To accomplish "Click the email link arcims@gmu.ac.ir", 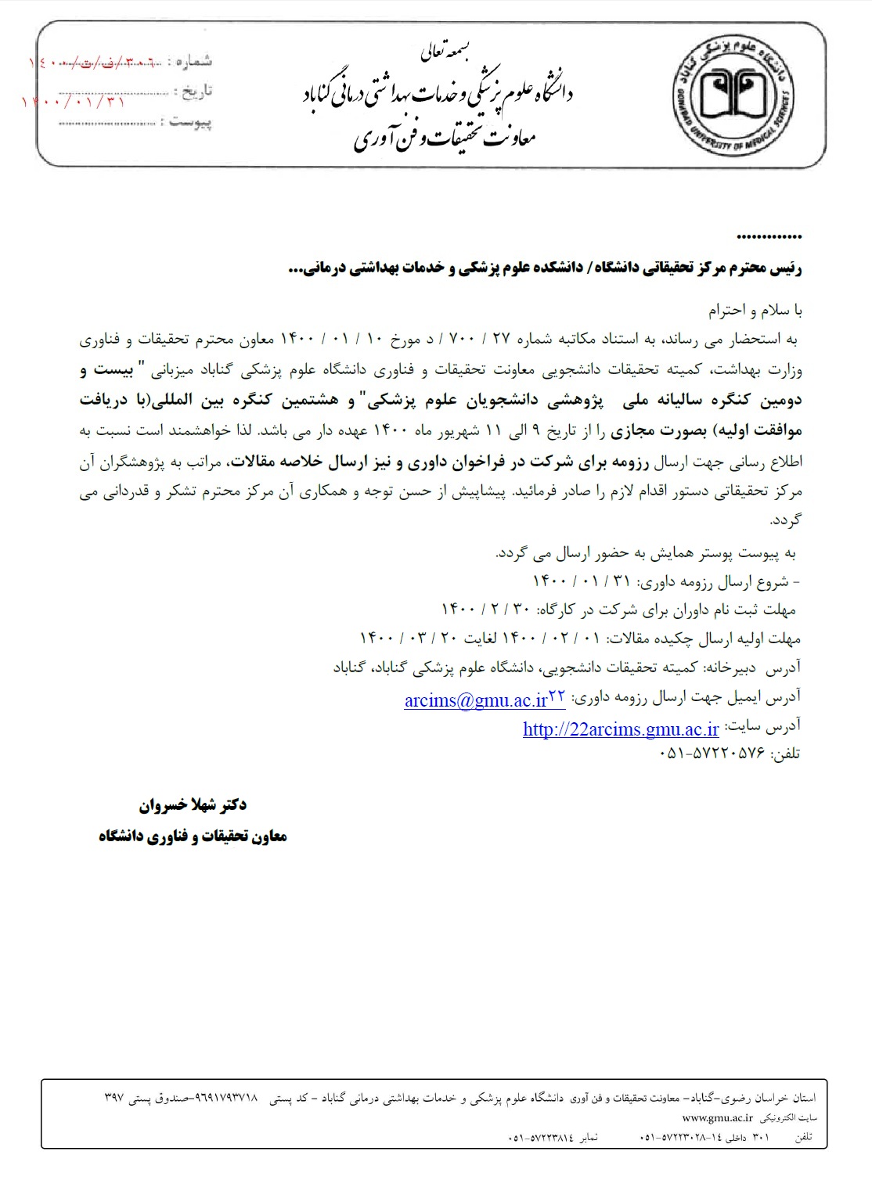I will point(475,700).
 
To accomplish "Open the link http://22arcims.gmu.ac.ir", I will point(621,729).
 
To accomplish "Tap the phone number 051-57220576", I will point(714,755).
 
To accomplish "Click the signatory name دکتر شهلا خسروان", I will point(192,804).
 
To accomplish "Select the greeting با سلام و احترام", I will point(755,311).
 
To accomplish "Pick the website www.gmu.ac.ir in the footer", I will point(717,1119).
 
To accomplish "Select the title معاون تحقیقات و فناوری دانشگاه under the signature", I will point(193,836).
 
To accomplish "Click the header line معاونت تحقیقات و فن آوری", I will point(444,139).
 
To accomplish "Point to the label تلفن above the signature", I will point(786,755).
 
